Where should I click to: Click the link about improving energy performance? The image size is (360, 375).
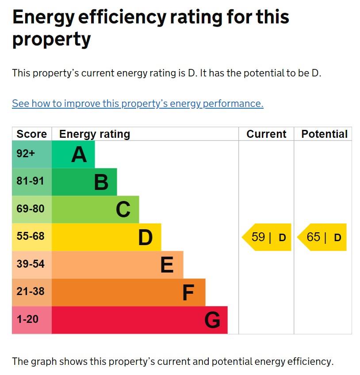[138, 103]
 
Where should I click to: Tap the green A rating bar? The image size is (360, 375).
[73, 154]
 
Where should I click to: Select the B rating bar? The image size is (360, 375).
[84, 182]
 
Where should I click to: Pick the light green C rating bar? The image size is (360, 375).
[96, 209]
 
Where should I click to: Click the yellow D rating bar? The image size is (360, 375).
[107, 237]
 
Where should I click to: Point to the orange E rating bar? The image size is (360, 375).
[118, 265]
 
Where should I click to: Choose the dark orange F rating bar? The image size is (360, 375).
[129, 292]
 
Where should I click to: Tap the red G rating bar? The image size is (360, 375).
[140, 320]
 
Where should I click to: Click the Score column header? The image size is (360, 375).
[31, 134]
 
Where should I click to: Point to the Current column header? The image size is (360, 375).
[266, 134]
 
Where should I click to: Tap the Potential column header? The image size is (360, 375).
[324, 134]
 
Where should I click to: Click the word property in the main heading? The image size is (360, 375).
[51, 40]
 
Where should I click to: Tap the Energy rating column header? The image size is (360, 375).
[95, 134]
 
